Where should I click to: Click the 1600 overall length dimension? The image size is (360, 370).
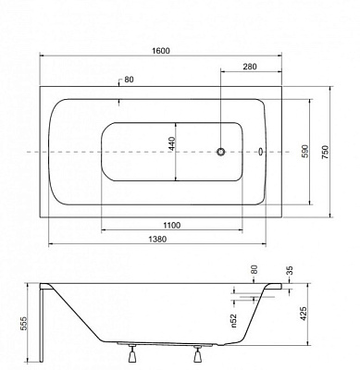(161, 51)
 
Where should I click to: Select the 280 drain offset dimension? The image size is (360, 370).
(250, 67)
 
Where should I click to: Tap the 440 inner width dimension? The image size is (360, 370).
(171, 143)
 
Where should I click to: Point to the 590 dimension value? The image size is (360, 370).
(304, 152)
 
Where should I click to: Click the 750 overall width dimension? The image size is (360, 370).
(326, 152)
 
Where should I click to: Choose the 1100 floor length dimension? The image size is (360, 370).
(171, 226)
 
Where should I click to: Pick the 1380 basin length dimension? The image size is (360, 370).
(157, 240)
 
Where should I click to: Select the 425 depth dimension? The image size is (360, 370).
(304, 314)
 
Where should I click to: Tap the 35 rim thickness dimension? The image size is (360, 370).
(289, 270)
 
